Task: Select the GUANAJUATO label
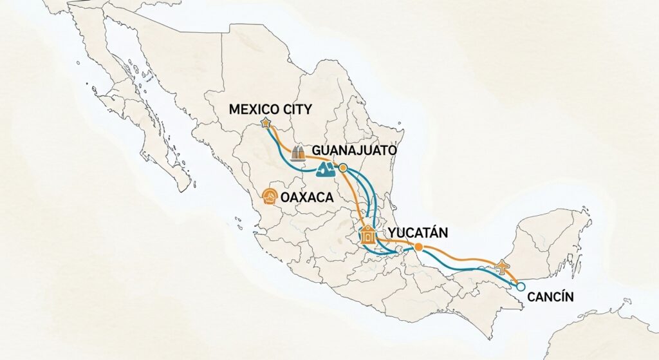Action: coord(353,150)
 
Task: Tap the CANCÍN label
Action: coord(550,297)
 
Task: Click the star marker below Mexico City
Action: coord(265,122)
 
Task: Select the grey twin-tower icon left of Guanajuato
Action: coord(298,153)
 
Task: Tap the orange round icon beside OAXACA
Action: coord(270,196)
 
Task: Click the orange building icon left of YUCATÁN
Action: coord(368,234)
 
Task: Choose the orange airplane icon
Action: coord(503,265)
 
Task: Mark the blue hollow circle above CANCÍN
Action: coord(521,287)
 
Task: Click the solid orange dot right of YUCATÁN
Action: coord(419,247)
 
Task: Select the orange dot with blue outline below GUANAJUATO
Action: coord(343,168)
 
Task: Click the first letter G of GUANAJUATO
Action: coord(316,150)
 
